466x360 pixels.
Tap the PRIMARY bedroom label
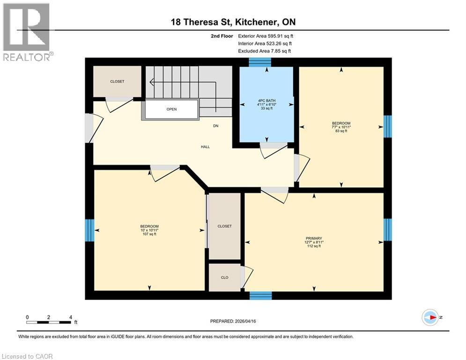click(x=314, y=242)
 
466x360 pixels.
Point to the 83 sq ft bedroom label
click(x=341, y=127)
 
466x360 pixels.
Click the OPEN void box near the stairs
click(x=171, y=110)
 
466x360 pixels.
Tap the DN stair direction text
click(x=215, y=126)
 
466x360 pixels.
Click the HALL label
click(x=205, y=147)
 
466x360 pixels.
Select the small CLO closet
click(x=224, y=277)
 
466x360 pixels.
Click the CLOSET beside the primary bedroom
click(x=224, y=226)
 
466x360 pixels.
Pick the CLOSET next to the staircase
click(x=117, y=82)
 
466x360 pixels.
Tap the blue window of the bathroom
click(x=257, y=62)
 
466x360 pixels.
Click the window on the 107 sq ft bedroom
click(x=89, y=230)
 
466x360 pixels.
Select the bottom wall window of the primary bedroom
click(x=260, y=295)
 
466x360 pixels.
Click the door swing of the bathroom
click(x=274, y=150)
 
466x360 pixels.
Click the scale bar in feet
click(x=49, y=322)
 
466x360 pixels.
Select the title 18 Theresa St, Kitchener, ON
click(x=233, y=22)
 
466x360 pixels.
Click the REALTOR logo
click(x=27, y=32)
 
